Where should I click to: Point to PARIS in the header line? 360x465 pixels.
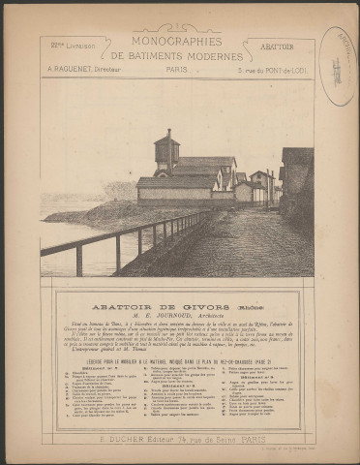[x=179, y=70]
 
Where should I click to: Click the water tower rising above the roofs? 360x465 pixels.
[x=166, y=152]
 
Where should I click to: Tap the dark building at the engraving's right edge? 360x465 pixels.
[x=297, y=184]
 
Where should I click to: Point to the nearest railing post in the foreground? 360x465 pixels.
[x=78, y=260]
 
